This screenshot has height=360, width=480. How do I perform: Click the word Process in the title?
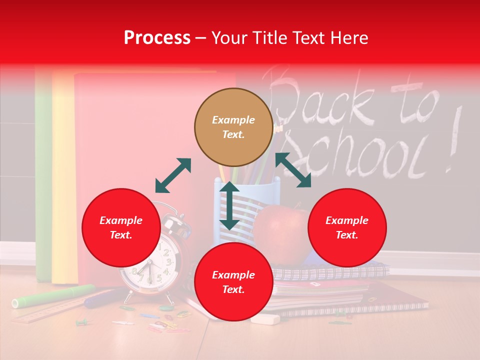click(157, 38)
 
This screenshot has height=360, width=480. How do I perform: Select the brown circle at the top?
click(233, 127)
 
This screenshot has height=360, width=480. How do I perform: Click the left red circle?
click(121, 227)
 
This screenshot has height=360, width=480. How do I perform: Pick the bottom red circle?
click(233, 282)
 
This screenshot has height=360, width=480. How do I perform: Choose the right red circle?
click(347, 227)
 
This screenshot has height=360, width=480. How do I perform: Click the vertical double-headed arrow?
click(229, 205)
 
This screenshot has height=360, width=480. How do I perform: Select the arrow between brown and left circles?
click(173, 175)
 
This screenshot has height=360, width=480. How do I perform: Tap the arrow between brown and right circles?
click(293, 170)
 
